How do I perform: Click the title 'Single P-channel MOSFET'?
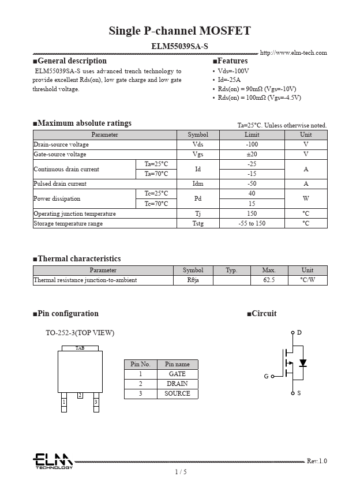180,31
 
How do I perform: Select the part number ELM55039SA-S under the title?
180,45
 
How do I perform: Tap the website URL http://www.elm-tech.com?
293,53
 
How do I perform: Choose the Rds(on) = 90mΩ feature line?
257,89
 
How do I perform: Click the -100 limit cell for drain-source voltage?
252,145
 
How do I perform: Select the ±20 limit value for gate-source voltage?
252,155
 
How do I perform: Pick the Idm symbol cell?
198,184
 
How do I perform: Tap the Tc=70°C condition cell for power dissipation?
156,204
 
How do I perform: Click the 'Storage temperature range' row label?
68,224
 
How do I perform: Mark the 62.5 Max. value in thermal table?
268,280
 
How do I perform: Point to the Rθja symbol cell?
193,280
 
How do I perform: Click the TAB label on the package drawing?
80,348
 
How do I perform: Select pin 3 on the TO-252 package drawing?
96,402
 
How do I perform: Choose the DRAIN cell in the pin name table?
177,384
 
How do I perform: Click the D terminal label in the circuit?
299,333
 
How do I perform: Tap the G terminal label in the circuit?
267,376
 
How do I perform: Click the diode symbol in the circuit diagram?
302,363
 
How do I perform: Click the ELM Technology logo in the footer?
52,461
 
